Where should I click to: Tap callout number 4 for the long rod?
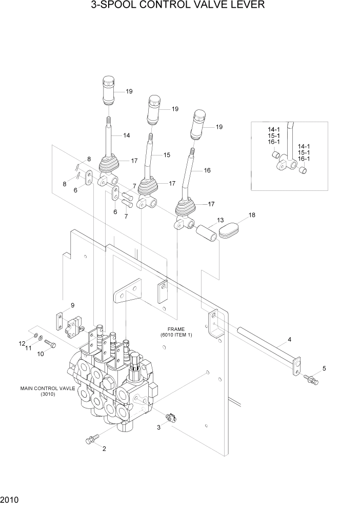(x=289, y=339)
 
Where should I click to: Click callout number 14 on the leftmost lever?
(x=126, y=135)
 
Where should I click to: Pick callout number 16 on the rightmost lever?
(x=207, y=170)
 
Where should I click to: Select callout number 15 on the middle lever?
(x=167, y=154)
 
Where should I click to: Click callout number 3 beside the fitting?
(x=159, y=426)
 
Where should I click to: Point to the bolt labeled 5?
(x=311, y=380)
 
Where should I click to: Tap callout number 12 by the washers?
(x=22, y=343)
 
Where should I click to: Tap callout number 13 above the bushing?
(x=221, y=220)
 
